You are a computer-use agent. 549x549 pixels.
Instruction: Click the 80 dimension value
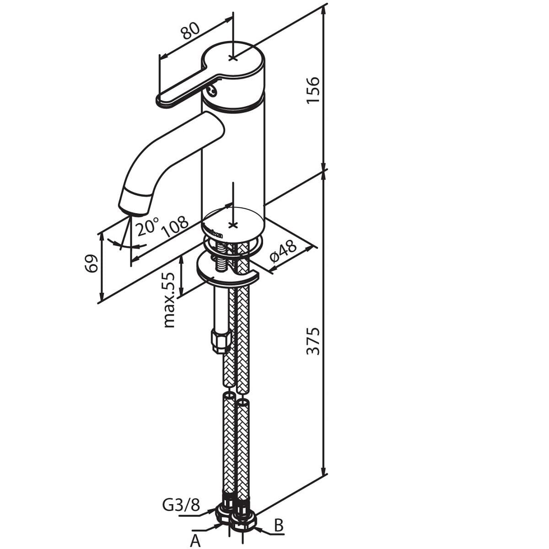(x=191, y=31)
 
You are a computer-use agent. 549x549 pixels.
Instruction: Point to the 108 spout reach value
(x=175, y=227)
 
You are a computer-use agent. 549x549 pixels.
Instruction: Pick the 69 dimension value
(x=92, y=264)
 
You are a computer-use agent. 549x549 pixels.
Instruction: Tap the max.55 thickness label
(x=169, y=300)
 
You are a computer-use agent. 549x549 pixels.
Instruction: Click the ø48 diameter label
(x=283, y=249)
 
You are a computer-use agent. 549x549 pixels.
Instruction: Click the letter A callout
(x=195, y=540)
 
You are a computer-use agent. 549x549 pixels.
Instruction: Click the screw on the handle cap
(x=212, y=91)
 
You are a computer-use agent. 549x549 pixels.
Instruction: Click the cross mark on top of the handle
(x=233, y=58)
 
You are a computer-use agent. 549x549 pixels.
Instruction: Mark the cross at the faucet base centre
(x=233, y=226)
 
